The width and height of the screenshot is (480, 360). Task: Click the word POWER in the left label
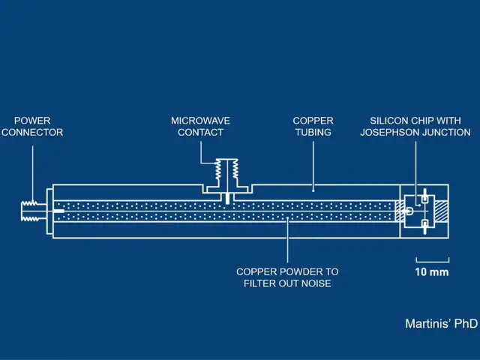(32, 120)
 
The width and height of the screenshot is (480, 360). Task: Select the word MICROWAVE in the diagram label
(200, 120)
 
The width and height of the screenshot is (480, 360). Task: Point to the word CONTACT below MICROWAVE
(200, 132)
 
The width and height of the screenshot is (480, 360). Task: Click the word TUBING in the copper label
(313, 132)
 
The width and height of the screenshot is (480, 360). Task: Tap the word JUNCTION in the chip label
(446, 132)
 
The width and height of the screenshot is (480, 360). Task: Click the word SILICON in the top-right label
(391, 120)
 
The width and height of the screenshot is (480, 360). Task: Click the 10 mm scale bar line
(431, 259)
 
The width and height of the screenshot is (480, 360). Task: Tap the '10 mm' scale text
(431, 271)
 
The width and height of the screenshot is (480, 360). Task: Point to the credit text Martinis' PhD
(441, 324)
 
